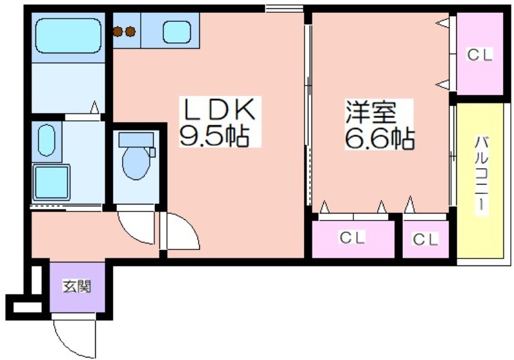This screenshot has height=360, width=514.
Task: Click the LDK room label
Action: coord(219,109)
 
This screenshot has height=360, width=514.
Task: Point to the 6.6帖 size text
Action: coord(380,138)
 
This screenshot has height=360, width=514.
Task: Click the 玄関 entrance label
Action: coord(77,287)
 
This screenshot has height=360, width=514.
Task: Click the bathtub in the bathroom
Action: coord(68,36)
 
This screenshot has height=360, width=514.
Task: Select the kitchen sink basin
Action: coord(177,32)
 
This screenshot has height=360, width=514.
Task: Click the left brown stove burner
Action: coord(118,32)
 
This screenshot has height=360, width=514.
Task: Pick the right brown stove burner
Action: coord(130,32)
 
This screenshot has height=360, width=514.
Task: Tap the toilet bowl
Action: coord(136,163)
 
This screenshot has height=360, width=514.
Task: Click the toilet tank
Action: coord(136,140)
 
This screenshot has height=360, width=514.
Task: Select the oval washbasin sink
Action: coord(46,140)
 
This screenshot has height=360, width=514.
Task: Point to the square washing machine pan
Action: coord(51,183)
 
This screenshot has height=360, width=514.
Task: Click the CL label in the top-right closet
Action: coord(479,55)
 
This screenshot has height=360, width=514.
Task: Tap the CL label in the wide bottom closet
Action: coord(352,237)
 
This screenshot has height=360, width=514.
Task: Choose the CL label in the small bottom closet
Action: coord(425,239)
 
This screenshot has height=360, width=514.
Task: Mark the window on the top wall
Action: coord(284,8)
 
